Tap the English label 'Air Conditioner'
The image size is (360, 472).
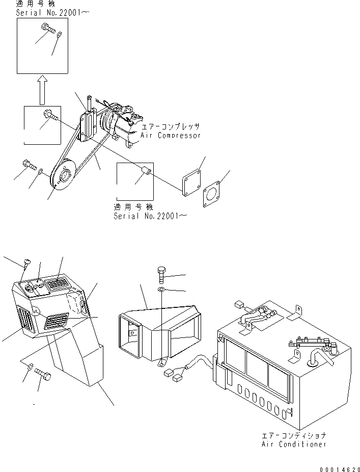coord(294,444)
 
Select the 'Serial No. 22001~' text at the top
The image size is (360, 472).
coord(52,13)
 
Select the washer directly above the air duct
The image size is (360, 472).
coord(161,290)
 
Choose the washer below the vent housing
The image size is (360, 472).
coord(30,366)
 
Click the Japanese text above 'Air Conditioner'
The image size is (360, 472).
coord(294,436)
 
